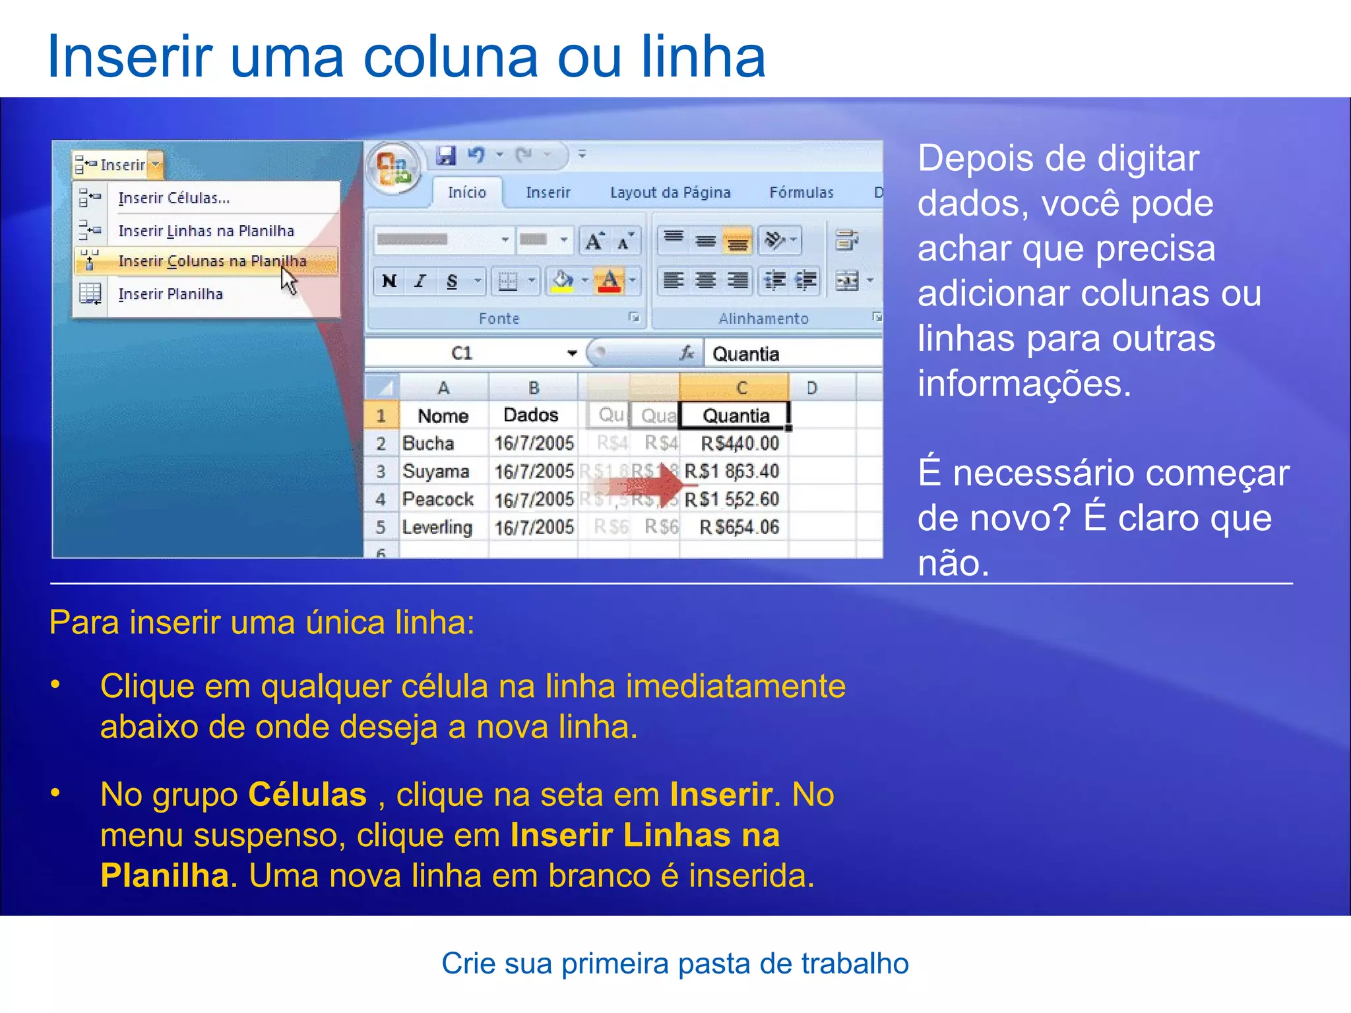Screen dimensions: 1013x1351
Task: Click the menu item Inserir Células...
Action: click(174, 198)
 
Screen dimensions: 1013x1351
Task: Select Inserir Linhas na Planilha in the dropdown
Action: click(206, 231)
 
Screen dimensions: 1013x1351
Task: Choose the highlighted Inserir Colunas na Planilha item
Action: click(212, 261)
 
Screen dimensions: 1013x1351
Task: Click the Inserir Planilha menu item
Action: click(170, 294)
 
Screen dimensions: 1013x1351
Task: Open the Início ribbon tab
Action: click(466, 193)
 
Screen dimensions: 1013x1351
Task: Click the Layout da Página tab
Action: click(670, 193)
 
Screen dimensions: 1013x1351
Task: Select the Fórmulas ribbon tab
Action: click(801, 193)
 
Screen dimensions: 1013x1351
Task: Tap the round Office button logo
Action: click(394, 168)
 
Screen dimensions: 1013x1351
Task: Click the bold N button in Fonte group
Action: click(389, 282)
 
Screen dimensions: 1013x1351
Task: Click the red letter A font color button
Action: click(609, 282)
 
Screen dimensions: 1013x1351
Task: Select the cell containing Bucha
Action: click(428, 443)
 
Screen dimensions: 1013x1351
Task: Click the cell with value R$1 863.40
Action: click(732, 472)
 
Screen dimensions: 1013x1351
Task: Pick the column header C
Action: click(741, 388)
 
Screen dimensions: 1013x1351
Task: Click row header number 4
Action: click(381, 499)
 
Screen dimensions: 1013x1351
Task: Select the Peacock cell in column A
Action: click(438, 499)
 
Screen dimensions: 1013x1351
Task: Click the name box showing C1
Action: click(462, 353)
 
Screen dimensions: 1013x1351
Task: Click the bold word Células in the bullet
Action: click(307, 795)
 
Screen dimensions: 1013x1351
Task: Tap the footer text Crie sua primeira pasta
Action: click(675, 964)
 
